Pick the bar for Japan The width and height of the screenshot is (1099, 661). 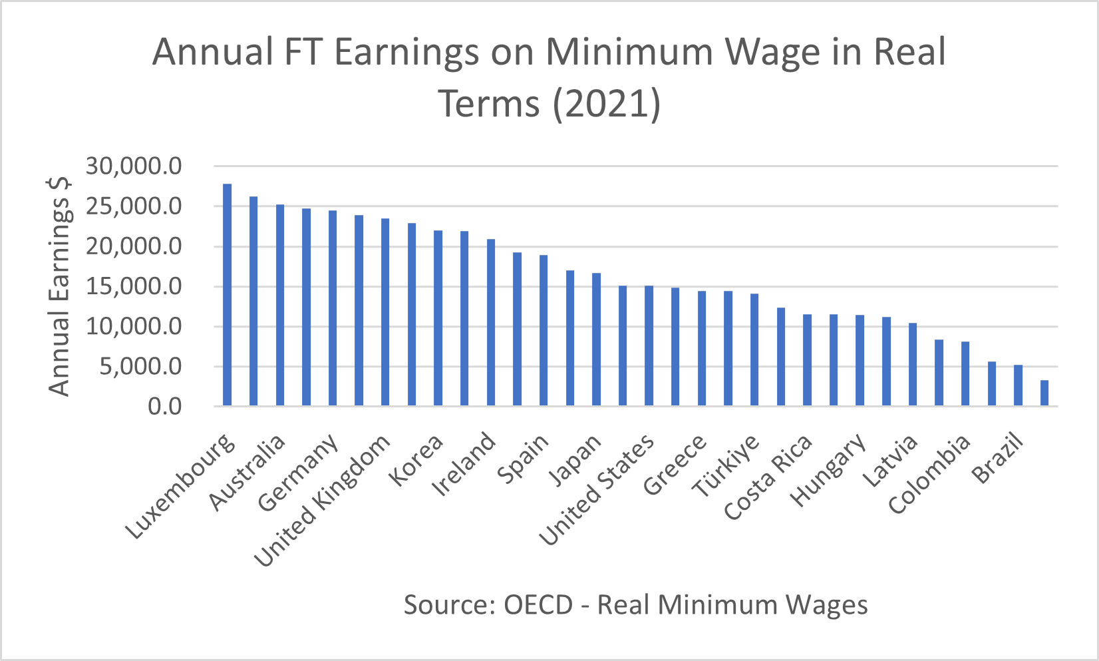(x=596, y=339)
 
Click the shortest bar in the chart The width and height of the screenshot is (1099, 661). (x=1044, y=393)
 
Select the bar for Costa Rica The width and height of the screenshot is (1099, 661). (x=807, y=359)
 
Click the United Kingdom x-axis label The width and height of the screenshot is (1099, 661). (x=323, y=502)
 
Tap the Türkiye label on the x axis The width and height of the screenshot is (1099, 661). (x=726, y=465)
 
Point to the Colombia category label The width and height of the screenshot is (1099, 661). (x=929, y=474)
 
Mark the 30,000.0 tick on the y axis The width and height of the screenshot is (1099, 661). (x=134, y=166)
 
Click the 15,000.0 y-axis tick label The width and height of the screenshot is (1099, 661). (x=134, y=287)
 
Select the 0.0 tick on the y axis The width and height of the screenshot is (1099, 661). (x=165, y=407)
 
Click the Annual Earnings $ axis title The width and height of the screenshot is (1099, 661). (x=60, y=286)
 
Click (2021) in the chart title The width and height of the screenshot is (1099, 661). (x=607, y=103)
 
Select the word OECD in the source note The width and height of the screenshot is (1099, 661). (x=538, y=605)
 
